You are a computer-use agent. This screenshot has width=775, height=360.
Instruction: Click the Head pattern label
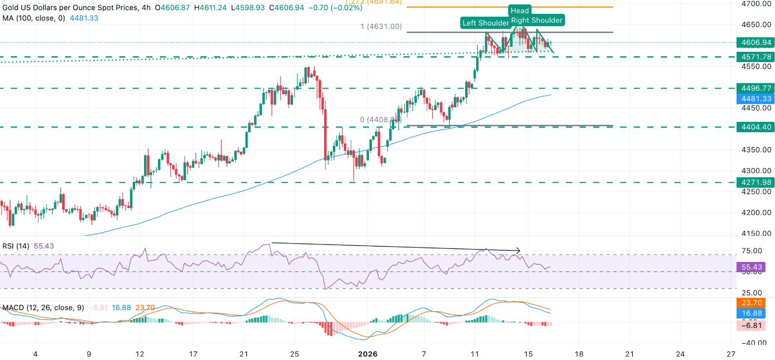pyautogui.click(x=519, y=11)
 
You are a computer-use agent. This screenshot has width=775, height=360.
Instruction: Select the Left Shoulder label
pyautogui.click(x=485, y=23)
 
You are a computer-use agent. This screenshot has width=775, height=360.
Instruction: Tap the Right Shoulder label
pyautogui.click(x=537, y=20)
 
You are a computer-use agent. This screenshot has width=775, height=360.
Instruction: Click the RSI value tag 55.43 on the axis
pyautogui.click(x=751, y=267)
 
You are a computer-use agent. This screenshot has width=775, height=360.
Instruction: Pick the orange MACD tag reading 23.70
pyautogui.click(x=751, y=303)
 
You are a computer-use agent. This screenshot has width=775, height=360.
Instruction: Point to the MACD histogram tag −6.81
pyautogui.click(x=751, y=325)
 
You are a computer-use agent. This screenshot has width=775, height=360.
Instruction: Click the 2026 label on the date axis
pyautogui.click(x=368, y=354)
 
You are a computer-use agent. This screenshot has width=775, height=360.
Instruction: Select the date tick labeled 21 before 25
pyautogui.click(x=244, y=354)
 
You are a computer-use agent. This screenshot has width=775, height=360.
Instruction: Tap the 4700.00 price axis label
pyautogui.click(x=756, y=4)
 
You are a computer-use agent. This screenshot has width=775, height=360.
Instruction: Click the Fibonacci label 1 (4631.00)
pyautogui.click(x=381, y=27)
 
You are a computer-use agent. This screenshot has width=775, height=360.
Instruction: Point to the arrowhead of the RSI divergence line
pyautogui.click(x=518, y=251)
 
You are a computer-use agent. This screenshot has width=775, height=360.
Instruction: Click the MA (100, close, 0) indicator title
pyautogui.click(x=34, y=18)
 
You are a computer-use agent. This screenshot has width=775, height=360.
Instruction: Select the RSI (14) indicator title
pyautogui.click(x=16, y=246)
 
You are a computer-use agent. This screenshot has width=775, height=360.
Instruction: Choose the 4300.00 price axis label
pyautogui.click(x=756, y=171)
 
